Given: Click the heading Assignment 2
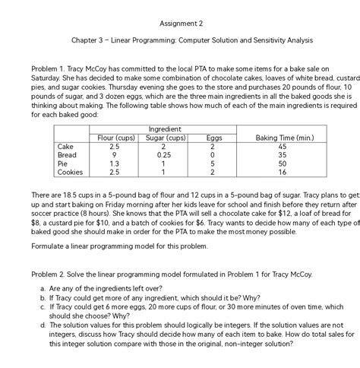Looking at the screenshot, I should click(179, 22).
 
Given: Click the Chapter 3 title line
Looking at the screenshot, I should click(179, 40).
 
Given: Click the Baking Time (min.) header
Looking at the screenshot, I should click(282, 138).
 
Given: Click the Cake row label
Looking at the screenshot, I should click(65, 147).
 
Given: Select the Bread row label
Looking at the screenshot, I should click(68, 155).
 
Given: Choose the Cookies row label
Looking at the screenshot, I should click(70, 173).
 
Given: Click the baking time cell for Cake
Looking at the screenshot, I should click(282, 147).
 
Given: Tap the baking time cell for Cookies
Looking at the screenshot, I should click(282, 173).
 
